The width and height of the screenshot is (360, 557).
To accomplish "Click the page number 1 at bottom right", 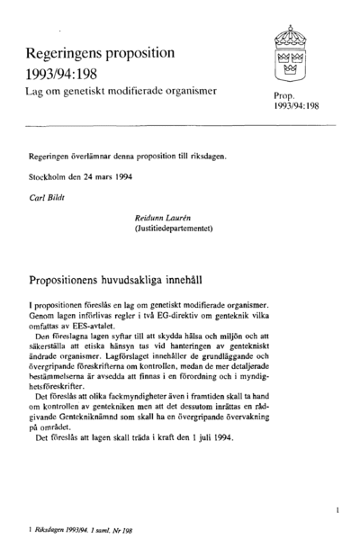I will pyautogui.click(x=335, y=510).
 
